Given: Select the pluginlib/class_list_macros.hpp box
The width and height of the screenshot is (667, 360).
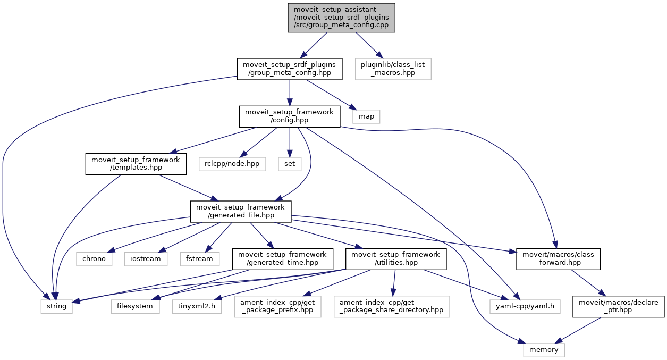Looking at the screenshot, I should (393, 69).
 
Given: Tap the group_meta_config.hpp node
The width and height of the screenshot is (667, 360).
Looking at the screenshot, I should (289, 69).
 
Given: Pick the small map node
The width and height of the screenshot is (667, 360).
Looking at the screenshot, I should (366, 115).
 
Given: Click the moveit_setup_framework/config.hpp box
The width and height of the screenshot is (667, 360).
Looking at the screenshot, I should (289, 116).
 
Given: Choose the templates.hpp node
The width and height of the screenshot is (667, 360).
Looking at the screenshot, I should (136, 164).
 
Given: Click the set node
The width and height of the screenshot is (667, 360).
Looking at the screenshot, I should (289, 164).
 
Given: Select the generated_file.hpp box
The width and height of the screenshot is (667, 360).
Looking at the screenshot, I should (241, 211).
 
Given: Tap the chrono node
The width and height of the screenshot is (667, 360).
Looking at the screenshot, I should (94, 258).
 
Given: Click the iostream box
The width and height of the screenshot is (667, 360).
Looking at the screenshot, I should (146, 258).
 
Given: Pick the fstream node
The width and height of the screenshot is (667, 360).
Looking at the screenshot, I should (200, 258).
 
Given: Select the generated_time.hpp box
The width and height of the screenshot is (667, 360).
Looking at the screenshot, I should (283, 258).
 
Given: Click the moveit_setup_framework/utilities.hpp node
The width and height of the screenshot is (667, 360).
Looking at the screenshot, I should (396, 258).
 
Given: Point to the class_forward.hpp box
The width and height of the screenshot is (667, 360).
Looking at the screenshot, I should (558, 258).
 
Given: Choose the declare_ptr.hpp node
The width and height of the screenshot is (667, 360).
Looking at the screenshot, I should (618, 306).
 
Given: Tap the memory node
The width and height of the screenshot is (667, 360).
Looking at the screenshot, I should (544, 349).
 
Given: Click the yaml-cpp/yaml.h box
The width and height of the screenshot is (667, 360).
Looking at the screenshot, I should (513, 306).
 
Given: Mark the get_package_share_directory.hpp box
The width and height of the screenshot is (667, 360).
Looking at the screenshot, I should (391, 306).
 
